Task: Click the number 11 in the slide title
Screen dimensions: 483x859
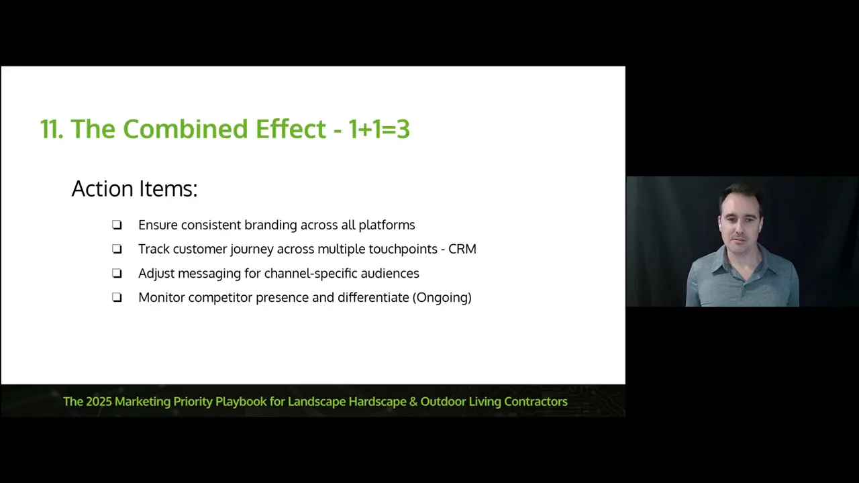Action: [x=51, y=129]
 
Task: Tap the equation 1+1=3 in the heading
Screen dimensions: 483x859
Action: [x=378, y=129]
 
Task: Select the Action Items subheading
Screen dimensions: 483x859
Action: [x=134, y=189]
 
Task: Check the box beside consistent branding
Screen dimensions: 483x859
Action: [x=117, y=225]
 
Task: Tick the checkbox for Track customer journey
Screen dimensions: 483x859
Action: [x=117, y=250]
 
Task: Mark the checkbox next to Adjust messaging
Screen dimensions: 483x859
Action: [x=117, y=274]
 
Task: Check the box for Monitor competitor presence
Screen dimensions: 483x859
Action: [x=117, y=298]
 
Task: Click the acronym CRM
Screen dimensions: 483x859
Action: [x=462, y=249]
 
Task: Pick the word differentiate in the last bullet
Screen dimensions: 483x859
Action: [x=373, y=297]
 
